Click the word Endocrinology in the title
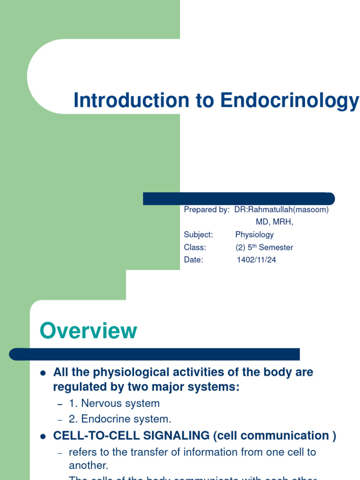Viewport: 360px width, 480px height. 290,101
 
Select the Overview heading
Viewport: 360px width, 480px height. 89,331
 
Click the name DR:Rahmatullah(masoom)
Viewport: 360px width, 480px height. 281,210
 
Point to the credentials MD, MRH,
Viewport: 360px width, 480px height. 274,222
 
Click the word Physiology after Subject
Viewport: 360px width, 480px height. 255,234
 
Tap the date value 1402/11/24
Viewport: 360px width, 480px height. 256,260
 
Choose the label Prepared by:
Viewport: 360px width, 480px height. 206,210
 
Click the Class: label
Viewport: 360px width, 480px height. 195,247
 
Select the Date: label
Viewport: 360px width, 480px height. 194,260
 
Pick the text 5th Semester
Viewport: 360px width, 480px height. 271,247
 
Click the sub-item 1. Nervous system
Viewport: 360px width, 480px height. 114,403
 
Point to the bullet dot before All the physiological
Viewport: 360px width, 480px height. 43,374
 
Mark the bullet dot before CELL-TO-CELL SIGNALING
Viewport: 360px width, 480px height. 43,436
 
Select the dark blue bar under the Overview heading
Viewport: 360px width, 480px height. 155,354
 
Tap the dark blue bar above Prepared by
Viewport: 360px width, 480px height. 239,198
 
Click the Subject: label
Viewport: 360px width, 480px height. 198,234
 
